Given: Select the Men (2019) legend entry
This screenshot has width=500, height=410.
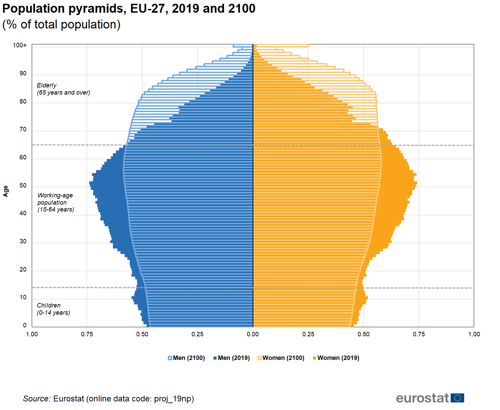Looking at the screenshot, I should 232,358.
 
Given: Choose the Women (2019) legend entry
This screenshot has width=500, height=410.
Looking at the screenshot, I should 336,358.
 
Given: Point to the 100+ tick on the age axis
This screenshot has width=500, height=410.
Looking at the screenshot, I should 20,45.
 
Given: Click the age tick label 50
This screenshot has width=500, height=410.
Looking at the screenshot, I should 23,185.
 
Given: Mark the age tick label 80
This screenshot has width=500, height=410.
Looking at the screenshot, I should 23,101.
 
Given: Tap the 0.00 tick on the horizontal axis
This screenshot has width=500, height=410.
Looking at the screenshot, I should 253,334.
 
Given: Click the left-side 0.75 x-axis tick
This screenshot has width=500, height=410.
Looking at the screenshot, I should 87,334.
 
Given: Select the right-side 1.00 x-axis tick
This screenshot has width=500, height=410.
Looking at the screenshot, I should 474,334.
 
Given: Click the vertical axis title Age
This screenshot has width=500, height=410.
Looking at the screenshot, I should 5,191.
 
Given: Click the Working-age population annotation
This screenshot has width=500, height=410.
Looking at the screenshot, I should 56,202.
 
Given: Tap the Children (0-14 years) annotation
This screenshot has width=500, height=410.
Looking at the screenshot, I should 54,309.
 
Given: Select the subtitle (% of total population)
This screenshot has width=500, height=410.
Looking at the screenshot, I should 61,25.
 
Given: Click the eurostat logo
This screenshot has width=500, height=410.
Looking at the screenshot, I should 422,398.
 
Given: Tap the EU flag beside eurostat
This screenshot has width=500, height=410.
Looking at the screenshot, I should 457,398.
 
